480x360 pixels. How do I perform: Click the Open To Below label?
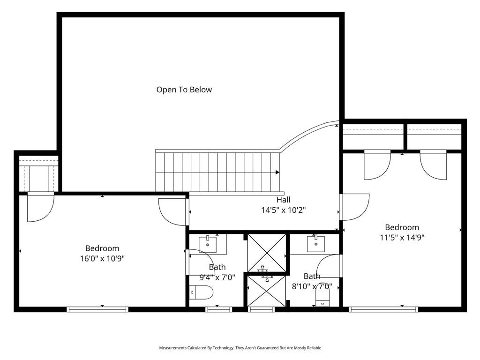coord(184,90)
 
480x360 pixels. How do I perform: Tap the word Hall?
coord(283,200)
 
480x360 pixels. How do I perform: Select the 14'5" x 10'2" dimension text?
coord(283,210)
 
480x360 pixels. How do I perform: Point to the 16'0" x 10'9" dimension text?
coord(102,258)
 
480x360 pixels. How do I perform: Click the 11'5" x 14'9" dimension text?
coord(402,238)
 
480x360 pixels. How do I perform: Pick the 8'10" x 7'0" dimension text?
coord(312,286)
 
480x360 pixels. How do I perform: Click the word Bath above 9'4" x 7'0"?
coord(217,267)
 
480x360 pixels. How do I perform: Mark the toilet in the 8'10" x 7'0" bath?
coord(323,298)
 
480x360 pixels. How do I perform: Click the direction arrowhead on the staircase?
coord(277,172)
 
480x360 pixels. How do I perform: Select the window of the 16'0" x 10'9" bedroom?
coord(97,309)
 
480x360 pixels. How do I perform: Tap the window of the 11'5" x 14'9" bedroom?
coord(383,309)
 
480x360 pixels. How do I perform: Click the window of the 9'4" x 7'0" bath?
coord(218,309)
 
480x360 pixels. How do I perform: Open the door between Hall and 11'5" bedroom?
coord(354,207)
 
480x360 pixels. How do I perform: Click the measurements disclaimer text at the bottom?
coord(240,348)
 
